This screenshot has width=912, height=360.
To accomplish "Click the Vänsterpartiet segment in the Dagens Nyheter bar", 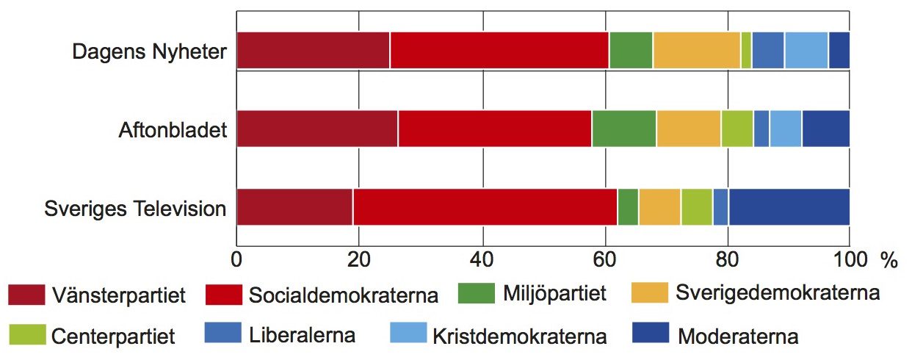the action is click(x=313, y=51).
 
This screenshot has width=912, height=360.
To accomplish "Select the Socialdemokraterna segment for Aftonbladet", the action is click(x=495, y=129).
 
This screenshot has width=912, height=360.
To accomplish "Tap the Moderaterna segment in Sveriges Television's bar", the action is click(x=789, y=207).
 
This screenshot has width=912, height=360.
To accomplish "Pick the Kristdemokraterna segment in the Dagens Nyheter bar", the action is click(x=806, y=51).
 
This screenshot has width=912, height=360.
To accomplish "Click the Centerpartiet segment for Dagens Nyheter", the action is click(x=746, y=51).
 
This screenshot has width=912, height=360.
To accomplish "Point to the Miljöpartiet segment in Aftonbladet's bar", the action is click(x=624, y=129).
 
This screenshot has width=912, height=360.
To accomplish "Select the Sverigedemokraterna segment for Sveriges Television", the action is click(x=660, y=207).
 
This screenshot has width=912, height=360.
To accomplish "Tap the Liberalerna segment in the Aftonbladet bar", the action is click(x=761, y=129).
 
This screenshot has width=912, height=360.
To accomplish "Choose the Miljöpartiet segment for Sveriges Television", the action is click(x=628, y=207).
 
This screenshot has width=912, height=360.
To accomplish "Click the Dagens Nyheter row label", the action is click(x=149, y=51).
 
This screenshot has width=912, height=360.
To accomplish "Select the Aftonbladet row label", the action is click(x=173, y=130).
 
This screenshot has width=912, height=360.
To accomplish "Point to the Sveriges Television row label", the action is click(x=135, y=209).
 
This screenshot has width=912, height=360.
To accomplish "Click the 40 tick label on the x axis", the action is click(x=482, y=259).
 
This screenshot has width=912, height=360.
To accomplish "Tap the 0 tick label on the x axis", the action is click(x=236, y=259).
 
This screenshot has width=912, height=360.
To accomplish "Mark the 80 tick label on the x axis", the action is click(x=727, y=259).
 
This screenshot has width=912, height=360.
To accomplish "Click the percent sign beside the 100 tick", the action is click(x=889, y=260).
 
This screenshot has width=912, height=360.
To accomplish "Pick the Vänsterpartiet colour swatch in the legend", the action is click(x=26, y=295).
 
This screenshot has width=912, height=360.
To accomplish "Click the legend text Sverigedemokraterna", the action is click(x=778, y=293).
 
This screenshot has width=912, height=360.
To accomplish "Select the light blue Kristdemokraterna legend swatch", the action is click(x=408, y=332).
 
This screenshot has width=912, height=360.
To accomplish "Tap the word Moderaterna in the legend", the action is click(x=738, y=336).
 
